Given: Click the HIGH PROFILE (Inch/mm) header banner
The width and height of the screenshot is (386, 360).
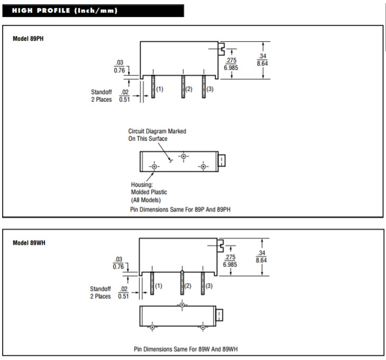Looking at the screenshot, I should pyautogui.click(x=93, y=11).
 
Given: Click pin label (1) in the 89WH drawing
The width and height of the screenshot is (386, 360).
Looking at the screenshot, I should pyautogui.click(x=159, y=285).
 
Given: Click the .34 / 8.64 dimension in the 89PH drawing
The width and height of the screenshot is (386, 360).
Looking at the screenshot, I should pyautogui.click(x=262, y=60).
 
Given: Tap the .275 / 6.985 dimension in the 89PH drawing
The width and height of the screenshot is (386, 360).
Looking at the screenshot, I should pyautogui.click(x=232, y=64).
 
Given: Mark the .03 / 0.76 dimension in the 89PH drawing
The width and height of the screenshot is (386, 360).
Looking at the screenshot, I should pyautogui.click(x=120, y=67).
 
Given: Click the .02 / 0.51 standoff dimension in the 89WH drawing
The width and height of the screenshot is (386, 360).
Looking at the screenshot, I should pyautogui.click(x=123, y=292).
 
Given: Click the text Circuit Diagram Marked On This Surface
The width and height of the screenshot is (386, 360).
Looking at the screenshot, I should pyautogui.click(x=157, y=134).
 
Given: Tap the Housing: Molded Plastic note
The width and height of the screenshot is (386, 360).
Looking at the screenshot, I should pyautogui.click(x=149, y=192).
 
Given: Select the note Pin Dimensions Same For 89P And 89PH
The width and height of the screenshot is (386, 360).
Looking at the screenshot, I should pyautogui.click(x=180, y=209).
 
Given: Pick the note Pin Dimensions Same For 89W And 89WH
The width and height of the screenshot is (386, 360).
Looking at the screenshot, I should pyautogui.click(x=189, y=349).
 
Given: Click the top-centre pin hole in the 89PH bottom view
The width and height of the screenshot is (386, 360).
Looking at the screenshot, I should pyautogui.click(x=183, y=156).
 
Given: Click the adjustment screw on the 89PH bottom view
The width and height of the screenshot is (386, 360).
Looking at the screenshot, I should pyautogui.click(x=222, y=160).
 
